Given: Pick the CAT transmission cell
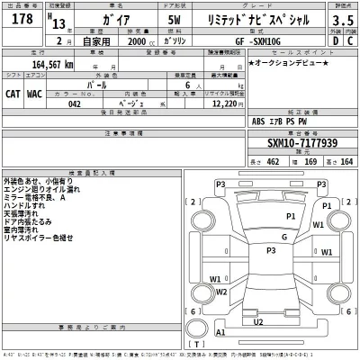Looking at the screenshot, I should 13,93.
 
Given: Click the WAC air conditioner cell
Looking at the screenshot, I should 34,93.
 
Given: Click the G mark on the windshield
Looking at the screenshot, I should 283,238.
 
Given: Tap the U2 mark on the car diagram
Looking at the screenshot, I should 258,321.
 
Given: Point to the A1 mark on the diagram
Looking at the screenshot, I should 220,332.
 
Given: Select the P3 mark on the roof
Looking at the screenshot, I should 269,250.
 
